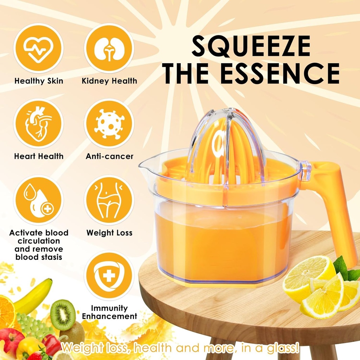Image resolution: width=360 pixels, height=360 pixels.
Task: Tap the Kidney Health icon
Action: click(x=109, y=48)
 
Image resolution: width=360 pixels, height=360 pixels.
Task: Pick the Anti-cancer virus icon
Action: click(x=109, y=124)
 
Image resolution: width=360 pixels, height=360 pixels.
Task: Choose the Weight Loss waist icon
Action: click(x=109, y=200)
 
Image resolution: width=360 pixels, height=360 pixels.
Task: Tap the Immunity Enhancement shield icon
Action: click(x=109, y=276)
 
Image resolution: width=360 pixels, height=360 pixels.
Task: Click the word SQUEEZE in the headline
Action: click(x=251, y=46)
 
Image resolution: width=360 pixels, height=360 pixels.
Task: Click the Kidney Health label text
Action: click(x=109, y=81)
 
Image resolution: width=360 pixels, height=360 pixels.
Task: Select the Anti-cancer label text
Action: click(x=109, y=156)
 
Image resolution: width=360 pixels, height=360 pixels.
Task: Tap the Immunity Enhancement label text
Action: click(x=109, y=312)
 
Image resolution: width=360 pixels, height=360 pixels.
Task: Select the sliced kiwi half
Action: click(x=63, y=315)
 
